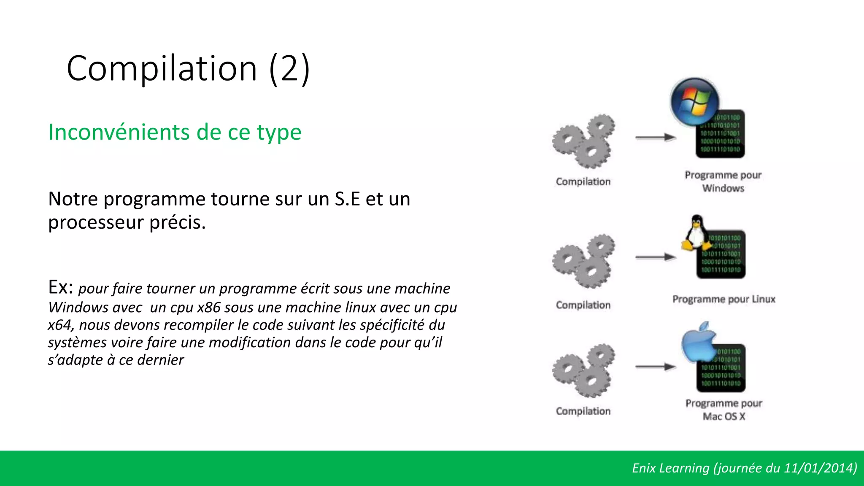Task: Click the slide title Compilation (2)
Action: (x=188, y=68)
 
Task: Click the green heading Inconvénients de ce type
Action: (x=175, y=132)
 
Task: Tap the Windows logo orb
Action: (x=694, y=102)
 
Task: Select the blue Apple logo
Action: (x=698, y=342)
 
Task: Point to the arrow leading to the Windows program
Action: (x=656, y=137)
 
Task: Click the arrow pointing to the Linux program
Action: (x=656, y=256)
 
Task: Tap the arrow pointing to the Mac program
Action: (x=656, y=367)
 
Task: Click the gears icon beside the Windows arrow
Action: (x=583, y=141)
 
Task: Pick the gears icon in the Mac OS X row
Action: (x=583, y=370)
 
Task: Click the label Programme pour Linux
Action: (x=724, y=299)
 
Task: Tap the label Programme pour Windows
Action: (x=723, y=181)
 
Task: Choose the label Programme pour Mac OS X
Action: (x=724, y=410)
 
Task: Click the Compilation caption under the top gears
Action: (x=583, y=181)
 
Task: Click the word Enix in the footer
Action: (x=643, y=468)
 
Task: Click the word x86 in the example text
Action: (x=209, y=308)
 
